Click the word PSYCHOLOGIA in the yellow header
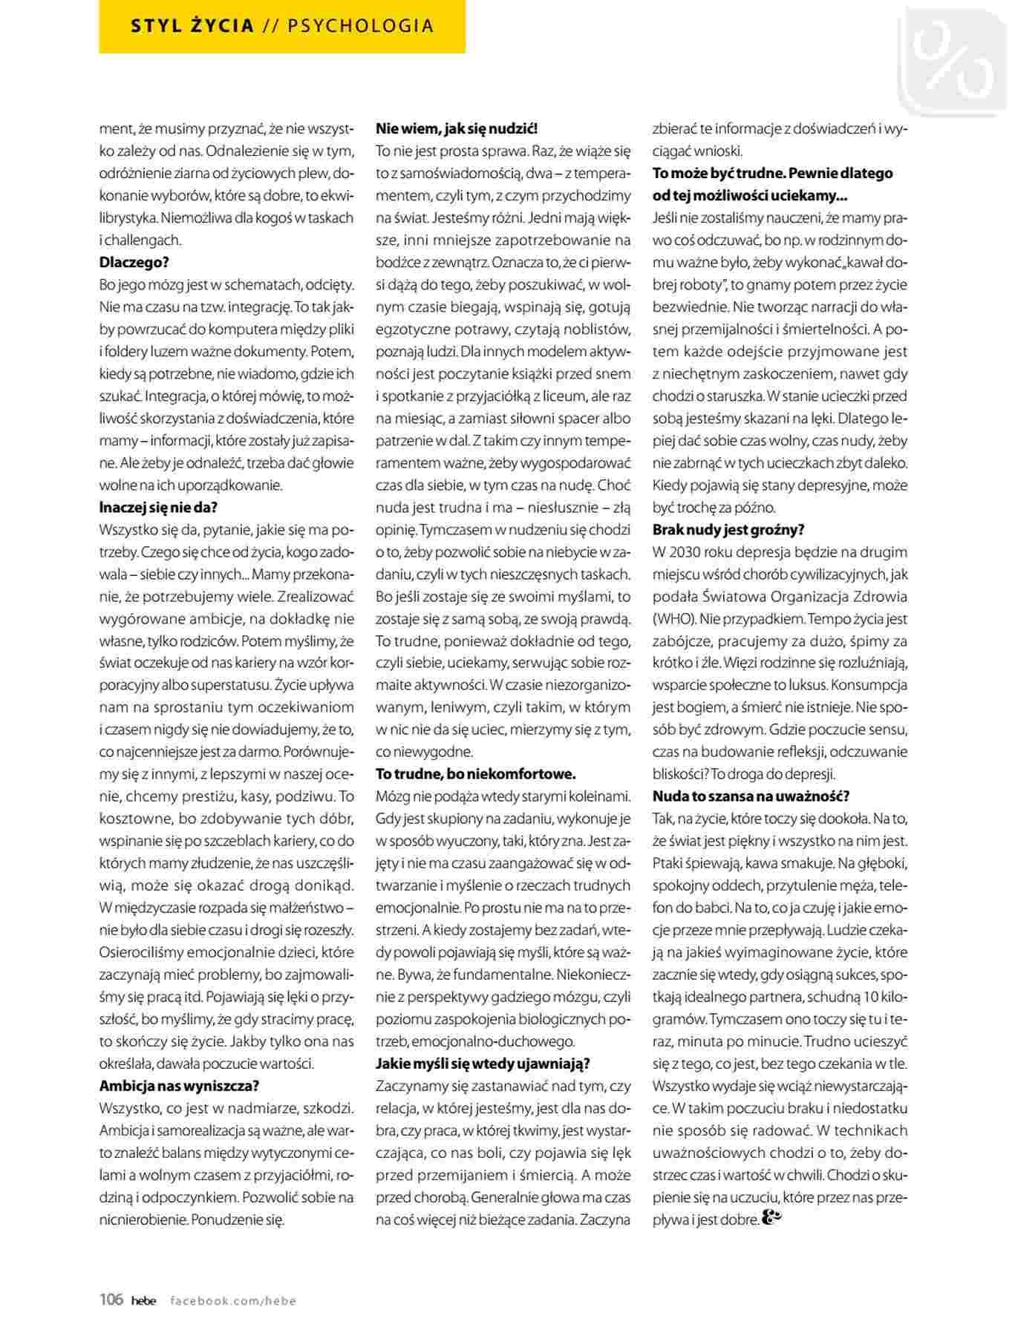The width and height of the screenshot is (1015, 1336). (360, 26)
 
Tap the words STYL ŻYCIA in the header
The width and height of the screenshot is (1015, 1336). (192, 26)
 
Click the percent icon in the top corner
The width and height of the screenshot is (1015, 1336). (956, 61)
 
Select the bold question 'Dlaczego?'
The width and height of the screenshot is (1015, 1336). (134, 263)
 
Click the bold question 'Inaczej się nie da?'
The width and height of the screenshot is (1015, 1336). (158, 508)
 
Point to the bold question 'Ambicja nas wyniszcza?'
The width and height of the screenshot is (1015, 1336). (179, 1086)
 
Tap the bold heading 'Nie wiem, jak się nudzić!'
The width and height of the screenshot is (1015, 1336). (456, 129)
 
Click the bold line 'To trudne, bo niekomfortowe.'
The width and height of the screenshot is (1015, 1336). (476, 774)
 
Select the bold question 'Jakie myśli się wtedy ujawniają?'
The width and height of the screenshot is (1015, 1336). (483, 1064)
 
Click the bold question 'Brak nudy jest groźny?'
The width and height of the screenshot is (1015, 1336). (728, 530)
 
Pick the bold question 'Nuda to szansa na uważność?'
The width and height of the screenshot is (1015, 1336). (751, 796)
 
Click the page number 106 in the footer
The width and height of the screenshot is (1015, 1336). (111, 1299)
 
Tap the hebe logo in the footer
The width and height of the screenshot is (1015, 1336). (144, 1300)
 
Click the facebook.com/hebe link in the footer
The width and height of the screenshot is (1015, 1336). (233, 1300)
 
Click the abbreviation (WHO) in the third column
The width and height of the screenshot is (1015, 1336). (673, 619)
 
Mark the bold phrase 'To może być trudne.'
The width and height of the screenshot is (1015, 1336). (717, 174)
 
